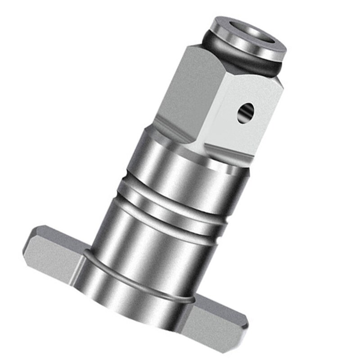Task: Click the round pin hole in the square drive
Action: click(246, 112)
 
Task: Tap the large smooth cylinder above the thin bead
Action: click(148, 238)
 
